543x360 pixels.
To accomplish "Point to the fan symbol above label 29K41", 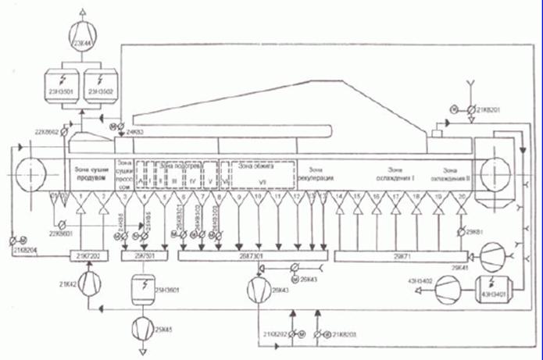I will click(490, 255).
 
